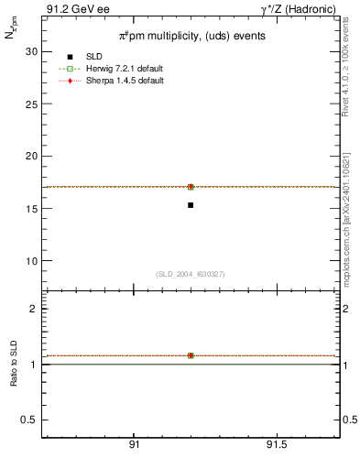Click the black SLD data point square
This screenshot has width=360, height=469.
point(191,205)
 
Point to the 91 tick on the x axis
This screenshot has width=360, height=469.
point(135,445)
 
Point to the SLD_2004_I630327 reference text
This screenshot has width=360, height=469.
point(190,274)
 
